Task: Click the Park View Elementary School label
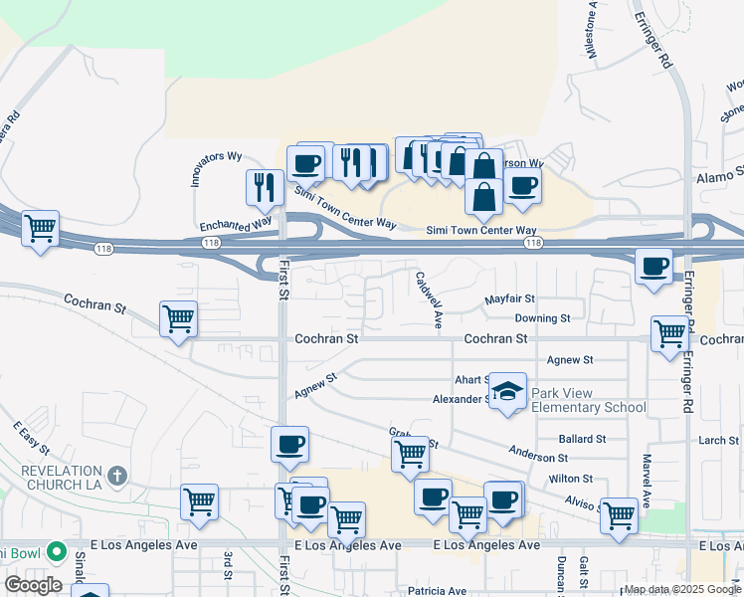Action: [x=588, y=400]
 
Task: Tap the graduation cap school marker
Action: [x=507, y=391]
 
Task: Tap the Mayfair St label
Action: [x=510, y=298]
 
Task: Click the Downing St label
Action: [x=542, y=318]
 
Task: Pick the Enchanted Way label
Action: [x=235, y=224]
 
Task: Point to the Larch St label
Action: [x=718, y=440]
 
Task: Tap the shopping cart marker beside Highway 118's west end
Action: [x=40, y=229]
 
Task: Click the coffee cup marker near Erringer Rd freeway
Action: [x=653, y=266]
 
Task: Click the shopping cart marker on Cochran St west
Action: [x=179, y=319]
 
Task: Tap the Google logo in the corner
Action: [x=33, y=585]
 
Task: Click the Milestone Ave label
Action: [x=593, y=30]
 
